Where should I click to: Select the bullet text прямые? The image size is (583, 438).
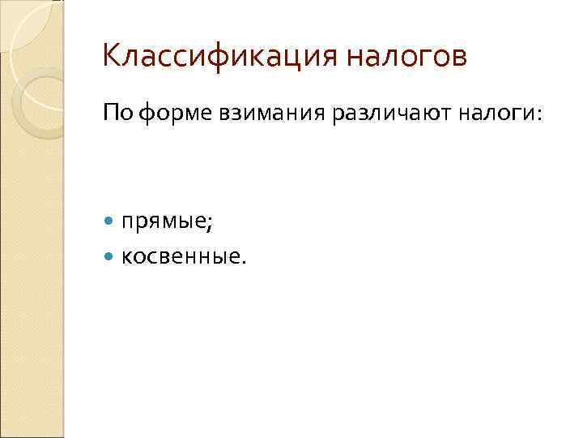click(166, 221)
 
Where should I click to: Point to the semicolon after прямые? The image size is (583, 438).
click(212, 222)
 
